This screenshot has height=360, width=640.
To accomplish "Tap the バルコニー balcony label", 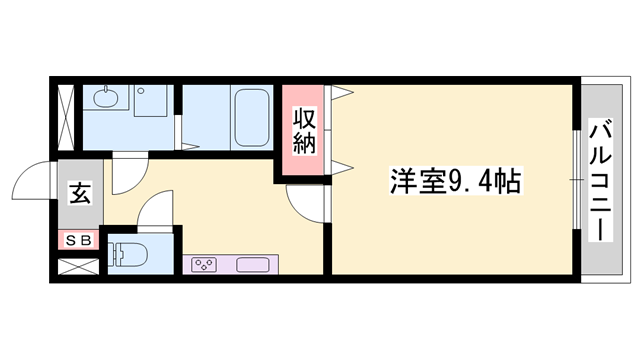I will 602,181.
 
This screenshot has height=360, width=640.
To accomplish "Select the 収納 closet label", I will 305,130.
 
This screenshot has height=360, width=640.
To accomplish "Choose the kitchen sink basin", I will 252,265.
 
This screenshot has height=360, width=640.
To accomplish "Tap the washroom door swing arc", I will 126,172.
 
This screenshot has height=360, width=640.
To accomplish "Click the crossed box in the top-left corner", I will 67,116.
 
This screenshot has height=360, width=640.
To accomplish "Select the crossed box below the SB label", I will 77,267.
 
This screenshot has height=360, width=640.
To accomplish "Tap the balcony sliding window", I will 577,180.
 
